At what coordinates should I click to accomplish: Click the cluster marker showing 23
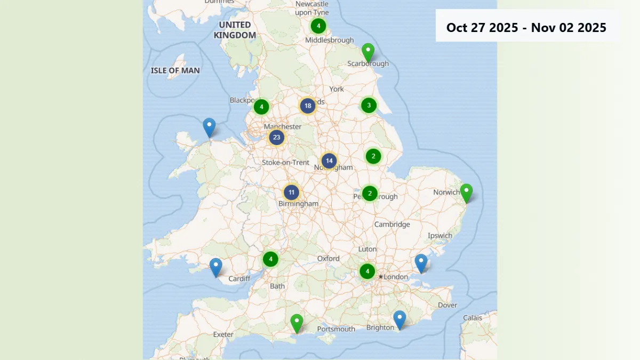[276, 138]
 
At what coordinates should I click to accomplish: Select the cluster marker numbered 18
[308, 106]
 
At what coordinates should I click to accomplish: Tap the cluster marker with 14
[329, 161]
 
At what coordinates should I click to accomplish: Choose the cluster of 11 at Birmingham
[291, 193]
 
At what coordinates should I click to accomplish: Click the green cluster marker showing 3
[369, 106]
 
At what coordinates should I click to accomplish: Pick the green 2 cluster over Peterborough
[370, 194]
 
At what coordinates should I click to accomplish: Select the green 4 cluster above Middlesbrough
[318, 26]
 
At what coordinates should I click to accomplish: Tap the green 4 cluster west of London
[367, 271]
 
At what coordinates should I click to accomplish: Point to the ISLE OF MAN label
[175, 70]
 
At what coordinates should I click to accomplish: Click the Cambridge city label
[392, 225]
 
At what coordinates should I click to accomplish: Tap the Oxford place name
[329, 259]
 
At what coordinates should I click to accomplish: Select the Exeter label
[223, 335]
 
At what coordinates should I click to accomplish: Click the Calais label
[473, 318]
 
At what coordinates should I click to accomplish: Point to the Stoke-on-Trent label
[285, 163]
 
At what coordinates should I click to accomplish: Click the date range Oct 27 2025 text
[482, 28]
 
